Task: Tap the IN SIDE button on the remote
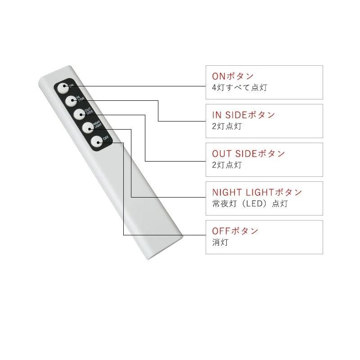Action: point(71,101)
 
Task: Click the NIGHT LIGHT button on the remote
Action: point(88,128)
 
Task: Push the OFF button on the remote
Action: point(97,142)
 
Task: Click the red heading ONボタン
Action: point(233,76)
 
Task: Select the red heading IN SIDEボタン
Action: point(243,115)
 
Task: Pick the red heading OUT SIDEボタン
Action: point(248,153)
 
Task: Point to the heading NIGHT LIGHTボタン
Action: point(257,192)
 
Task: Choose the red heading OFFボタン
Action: point(235,231)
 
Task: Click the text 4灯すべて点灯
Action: point(239,87)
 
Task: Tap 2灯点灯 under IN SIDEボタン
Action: point(227,126)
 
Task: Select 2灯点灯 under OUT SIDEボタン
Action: point(227,165)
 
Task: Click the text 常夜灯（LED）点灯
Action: point(250,204)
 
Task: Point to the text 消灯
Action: point(220,242)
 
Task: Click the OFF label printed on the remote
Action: point(106,138)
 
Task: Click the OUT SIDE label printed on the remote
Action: point(89,111)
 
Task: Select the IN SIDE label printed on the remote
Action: point(81,98)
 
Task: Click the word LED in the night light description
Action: point(253,204)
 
